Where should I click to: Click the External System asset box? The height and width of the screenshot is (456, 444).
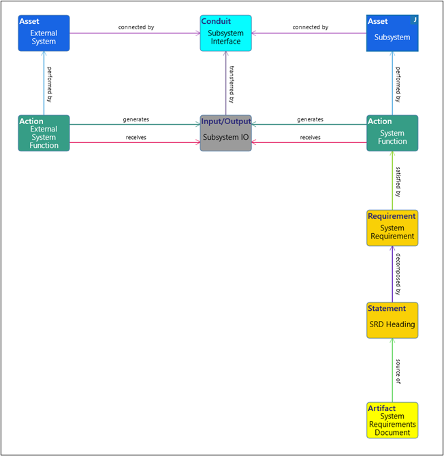point(44,33)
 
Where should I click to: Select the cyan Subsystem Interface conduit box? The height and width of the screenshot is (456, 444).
point(225,33)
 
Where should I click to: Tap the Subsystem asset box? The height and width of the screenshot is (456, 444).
point(392,33)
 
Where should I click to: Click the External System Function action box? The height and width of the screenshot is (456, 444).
point(44,133)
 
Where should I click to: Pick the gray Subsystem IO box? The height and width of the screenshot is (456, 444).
point(225,134)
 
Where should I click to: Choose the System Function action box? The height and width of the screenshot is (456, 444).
point(392,133)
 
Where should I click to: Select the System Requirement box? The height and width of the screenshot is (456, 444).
point(392,228)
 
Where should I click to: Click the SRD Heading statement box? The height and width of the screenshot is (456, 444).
point(392,320)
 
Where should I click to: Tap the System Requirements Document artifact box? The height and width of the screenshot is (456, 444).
point(392,420)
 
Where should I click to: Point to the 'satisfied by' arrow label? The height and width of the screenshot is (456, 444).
point(398,180)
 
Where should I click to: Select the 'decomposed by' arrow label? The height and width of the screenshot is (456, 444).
point(398,273)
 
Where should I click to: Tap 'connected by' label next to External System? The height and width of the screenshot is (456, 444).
point(136,27)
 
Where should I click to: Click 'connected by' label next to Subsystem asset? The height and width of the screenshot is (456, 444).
point(311,27)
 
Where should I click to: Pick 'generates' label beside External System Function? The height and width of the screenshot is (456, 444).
point(136,119)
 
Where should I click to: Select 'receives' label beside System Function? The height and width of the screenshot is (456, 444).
point(310,137)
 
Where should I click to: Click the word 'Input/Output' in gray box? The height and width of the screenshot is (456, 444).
point(225,121)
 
